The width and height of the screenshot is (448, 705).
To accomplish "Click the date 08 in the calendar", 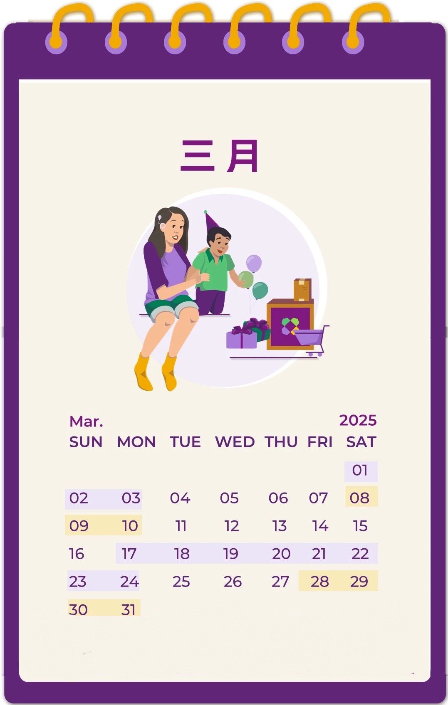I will click(360, 498).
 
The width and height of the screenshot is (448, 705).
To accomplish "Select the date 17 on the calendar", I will click(129, 554).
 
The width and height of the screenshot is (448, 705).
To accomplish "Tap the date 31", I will click(129, 609).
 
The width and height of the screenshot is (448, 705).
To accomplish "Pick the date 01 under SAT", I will click(360, 470).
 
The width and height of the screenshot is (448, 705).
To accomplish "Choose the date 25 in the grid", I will click(181, 582).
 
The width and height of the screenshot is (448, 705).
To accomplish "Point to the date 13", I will click(280, 526).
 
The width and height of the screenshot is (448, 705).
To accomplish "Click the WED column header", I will click(235, 442).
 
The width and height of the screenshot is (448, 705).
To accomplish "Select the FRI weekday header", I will click(320, 442).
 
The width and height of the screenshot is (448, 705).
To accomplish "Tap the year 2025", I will click(358, 420).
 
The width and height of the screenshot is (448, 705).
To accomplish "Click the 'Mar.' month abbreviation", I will click(86, 422).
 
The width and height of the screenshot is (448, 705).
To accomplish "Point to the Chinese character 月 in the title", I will click(243, 156).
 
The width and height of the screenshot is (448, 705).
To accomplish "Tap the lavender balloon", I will click(254, 264).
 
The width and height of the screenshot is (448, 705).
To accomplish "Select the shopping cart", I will click(313, 338).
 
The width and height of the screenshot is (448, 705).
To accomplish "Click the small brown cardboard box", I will click(302, 289).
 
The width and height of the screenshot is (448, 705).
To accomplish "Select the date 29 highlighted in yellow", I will click(359, 581).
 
